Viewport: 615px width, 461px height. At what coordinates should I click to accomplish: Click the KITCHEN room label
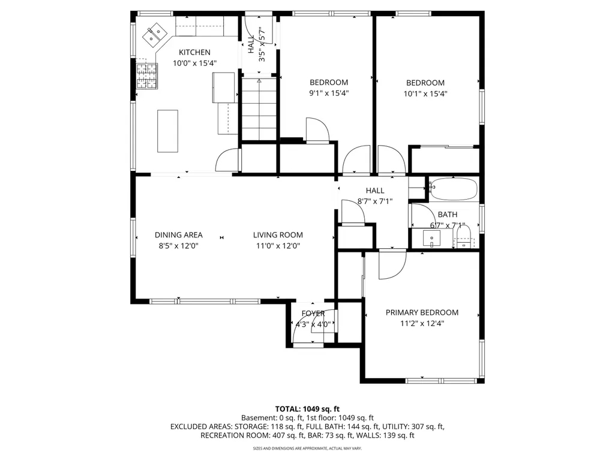[x=194, y=52]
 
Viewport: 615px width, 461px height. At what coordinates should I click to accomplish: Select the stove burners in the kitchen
[x=146, y=76]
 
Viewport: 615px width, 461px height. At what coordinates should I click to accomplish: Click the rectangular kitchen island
[x=167, y=131]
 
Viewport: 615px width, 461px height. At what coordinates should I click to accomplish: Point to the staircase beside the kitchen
[x=259, y=109]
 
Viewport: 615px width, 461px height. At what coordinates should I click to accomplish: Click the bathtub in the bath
[x=454, y=189]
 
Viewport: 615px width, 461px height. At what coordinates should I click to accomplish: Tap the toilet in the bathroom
[x=464, y=236]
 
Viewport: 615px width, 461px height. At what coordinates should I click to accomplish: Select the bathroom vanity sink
[x=431, y=239]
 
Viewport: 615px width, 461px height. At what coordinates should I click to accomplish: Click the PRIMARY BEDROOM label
[x=422, y=312]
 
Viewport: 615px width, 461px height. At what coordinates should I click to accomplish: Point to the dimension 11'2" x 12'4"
[x=422, y=323]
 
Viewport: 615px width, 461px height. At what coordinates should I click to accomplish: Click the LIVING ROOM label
[x=278, y=235]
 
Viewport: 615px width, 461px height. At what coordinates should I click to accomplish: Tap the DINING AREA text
[x=178, y=235]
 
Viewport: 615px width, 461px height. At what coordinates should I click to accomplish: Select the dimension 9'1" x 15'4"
[x=329, y=94]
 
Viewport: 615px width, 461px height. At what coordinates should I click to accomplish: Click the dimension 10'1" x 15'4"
[x=425, y=94]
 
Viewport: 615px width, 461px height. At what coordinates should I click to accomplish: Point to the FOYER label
[x=313, y=313]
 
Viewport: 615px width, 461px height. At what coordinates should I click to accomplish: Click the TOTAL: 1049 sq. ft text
[x=307, y=409]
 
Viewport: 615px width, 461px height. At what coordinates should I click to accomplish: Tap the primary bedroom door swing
[x=392, y=266]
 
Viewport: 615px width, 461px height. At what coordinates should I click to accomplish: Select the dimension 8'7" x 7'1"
[x=375, y=201]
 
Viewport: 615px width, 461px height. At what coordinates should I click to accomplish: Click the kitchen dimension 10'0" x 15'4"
[x=195, y=63]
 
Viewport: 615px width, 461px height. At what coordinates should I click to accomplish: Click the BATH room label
[x=448, y=215]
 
